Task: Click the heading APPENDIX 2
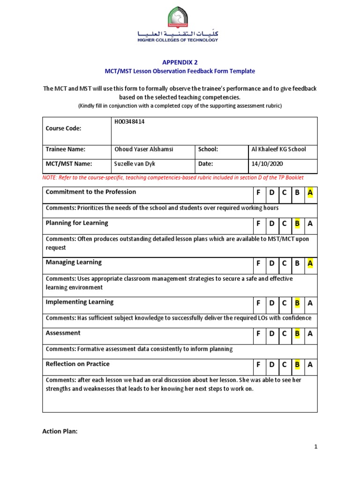coord(180,61)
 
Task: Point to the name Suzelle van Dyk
coord(135,164)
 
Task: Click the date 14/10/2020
coord(267,164)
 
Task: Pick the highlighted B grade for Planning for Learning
coord(297,224)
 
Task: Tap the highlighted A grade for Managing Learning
coord(309,263)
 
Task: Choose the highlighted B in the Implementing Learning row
coord(297,303)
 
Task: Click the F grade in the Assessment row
coord(258,334)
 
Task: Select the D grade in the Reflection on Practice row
coord(271,365)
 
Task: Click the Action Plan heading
coord(60,432)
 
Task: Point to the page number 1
coord(316,447)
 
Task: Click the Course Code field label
coord(63,128)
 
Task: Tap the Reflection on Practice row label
coord(77,364)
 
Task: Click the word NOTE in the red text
coord(50,178)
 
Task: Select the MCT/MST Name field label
coord(68,164)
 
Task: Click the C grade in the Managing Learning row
coord(284,263)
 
